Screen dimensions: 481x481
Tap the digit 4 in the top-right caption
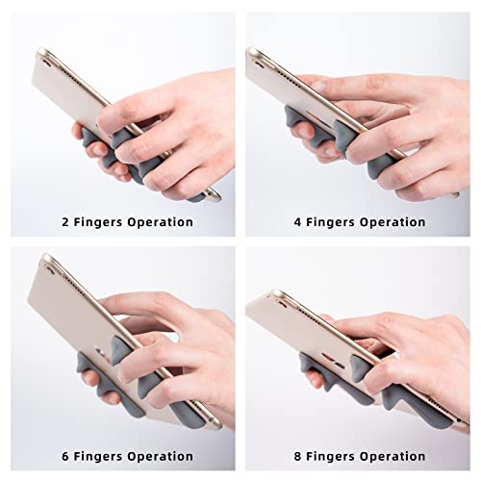(x=297, y=222)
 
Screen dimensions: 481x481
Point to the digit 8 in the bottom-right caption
(x=297, y=456)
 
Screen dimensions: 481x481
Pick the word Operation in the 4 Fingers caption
(x=392, y=222)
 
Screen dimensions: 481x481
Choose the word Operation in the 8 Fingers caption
(x=392, y=456)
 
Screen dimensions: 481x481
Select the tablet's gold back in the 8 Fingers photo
(x=289, y=322)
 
